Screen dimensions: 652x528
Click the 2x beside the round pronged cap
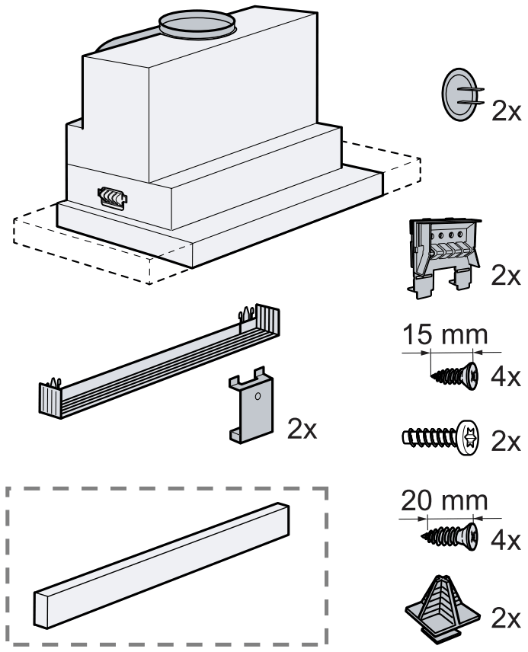504,112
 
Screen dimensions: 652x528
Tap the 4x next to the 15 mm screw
505,377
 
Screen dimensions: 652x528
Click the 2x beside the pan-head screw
504,442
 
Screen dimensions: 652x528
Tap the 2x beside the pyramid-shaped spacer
504,617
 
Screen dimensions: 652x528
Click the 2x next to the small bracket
302,428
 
